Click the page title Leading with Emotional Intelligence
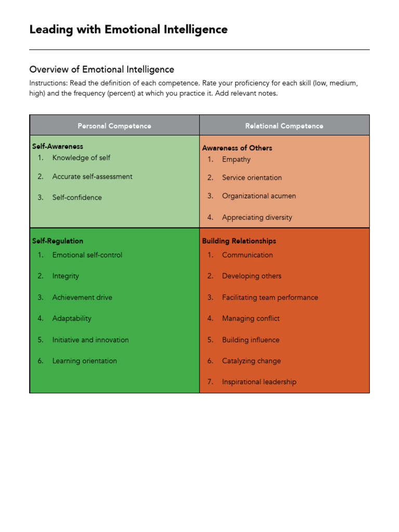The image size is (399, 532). [x=128, y=30]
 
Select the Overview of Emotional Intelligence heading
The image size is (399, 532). [x=102, y=70]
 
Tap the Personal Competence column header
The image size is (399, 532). [x=114, y=126]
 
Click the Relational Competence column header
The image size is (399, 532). [x=284, y=126]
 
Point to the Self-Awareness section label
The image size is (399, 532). [x=58, y=147]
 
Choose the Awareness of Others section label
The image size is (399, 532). [x=237, y=148]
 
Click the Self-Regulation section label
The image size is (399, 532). [x=58, y=241]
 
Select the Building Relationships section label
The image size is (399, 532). [x=239, y=241]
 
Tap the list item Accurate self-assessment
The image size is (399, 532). [x=92, y=177]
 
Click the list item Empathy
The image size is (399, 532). [x=236, y=159]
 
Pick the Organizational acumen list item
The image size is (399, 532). [x=259, y=196]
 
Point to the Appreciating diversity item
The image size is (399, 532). [x=257, y=218]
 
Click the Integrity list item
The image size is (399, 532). [x=65, y=276]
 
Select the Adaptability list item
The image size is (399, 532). [x=72, y=318]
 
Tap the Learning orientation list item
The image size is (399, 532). [x=84, y=361]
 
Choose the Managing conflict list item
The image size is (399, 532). [x=250, y=318]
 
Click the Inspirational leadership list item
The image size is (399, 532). [x=259, y=382]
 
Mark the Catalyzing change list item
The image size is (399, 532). [x=251, y=361]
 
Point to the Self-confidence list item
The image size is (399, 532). [x=77, y=197]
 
